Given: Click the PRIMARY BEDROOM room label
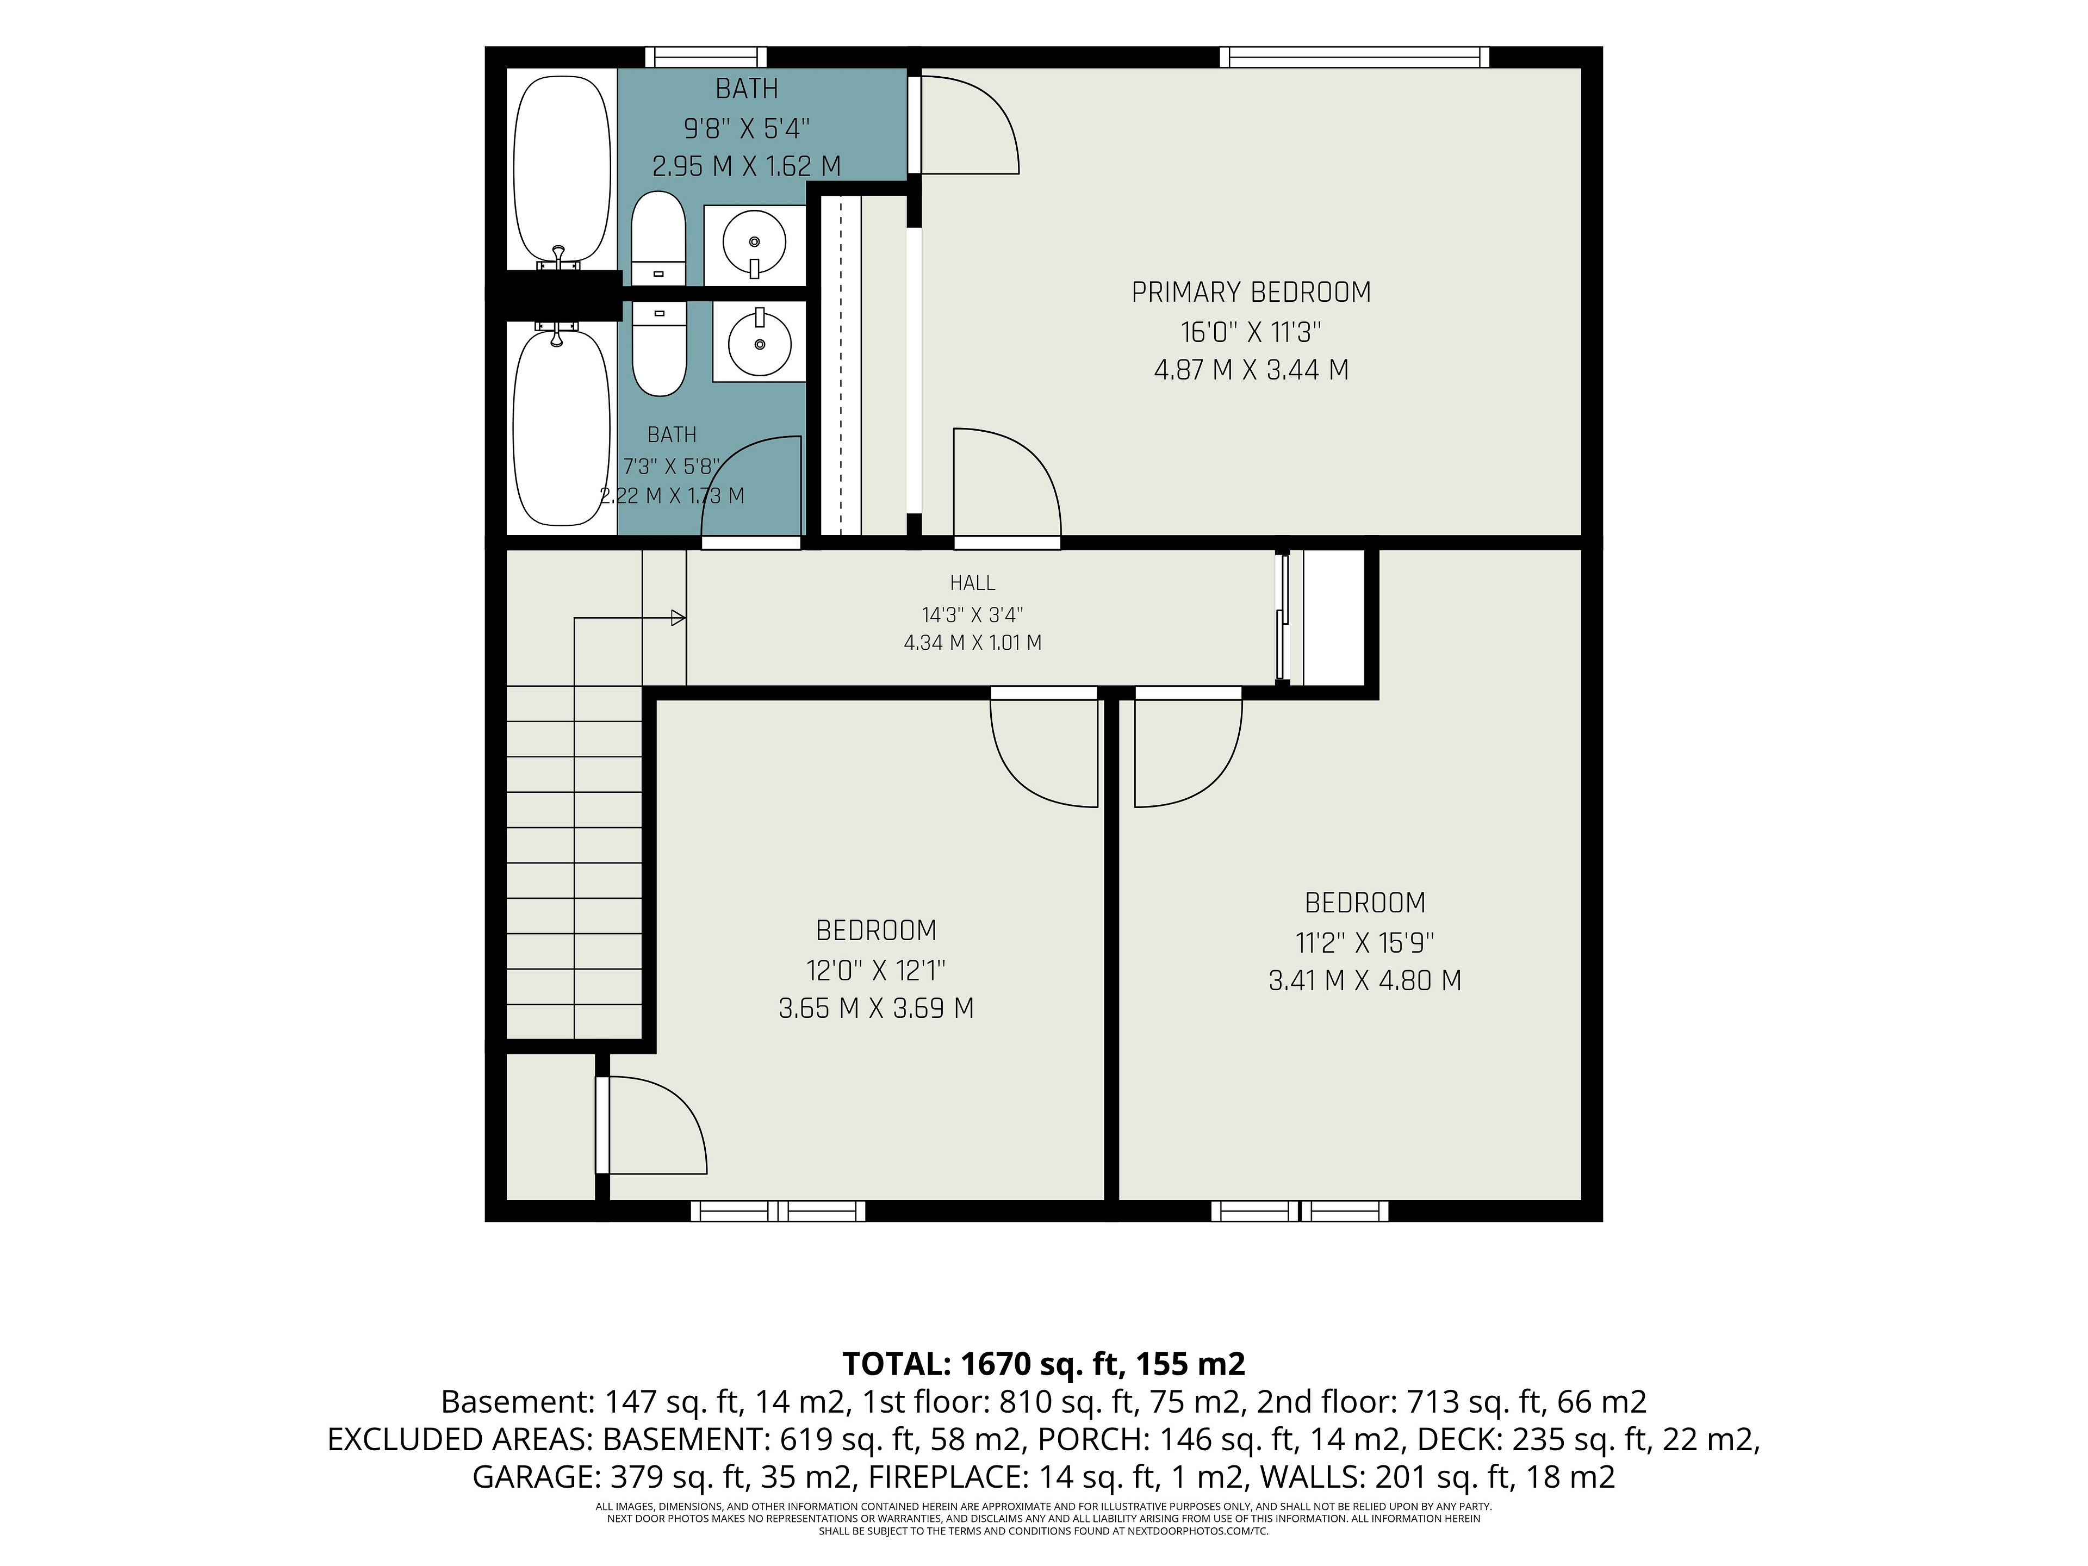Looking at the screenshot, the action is click(x=1251, y=293).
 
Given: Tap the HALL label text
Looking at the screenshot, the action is click(x=972, y=583).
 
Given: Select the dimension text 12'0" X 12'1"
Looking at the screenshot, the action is click(x=876, y=970).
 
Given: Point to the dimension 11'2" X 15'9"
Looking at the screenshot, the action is click(x=1365, y=942).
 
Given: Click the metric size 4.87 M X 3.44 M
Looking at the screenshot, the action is click(x=1251, y=369).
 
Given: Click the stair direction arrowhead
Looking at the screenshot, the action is click(x=678, y=618).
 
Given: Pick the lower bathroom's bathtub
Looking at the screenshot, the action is click(x=561, y=425).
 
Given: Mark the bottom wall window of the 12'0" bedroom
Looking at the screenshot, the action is click(x=778, y=1211).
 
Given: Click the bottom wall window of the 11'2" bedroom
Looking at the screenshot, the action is click(x=1300, y=1211).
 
